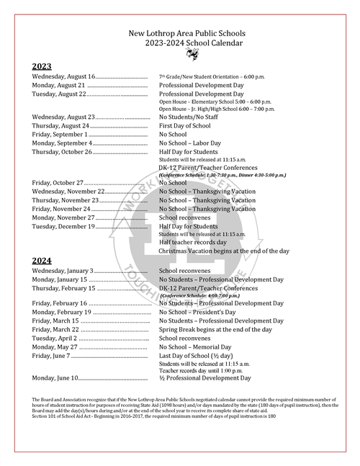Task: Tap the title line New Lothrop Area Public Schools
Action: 186,33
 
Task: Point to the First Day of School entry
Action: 189,125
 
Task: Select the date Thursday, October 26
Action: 62,152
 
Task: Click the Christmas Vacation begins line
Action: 224,251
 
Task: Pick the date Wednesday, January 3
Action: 63,270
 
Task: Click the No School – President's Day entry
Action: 197,313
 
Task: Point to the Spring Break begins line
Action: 215,329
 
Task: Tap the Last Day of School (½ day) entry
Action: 205,356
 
